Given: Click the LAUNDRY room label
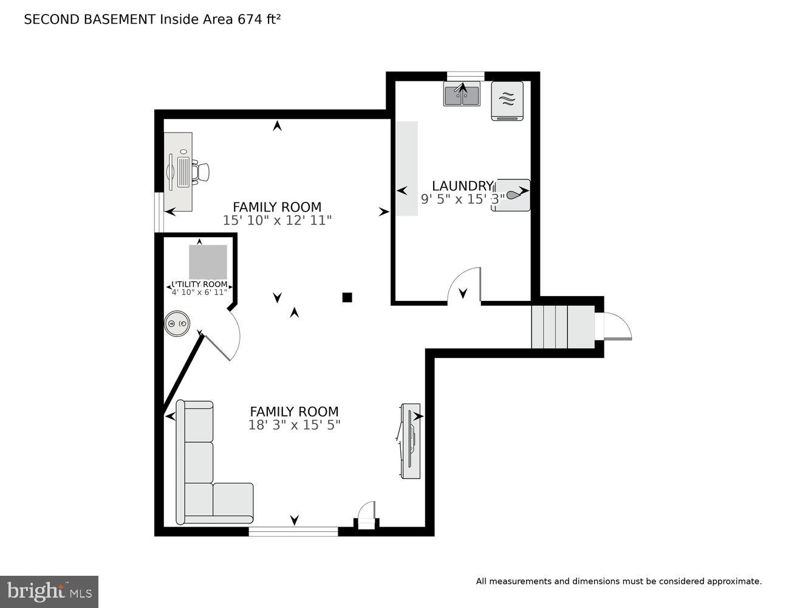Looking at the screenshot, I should [462, 185].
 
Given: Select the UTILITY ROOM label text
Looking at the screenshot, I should [200, 284].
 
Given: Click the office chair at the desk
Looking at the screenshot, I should [201, 171].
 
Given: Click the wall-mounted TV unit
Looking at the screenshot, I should [411, 440].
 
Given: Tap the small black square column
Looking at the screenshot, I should [347, 297].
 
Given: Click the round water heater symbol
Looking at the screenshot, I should [177, 324].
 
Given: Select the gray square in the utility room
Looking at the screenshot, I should [208, 261].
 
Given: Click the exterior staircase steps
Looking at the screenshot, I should [561, 326].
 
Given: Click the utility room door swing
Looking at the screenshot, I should [225, 337].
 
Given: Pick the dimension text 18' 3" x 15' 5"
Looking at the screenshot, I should [294, 425].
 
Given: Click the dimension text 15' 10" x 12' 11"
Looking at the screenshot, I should [277, 220].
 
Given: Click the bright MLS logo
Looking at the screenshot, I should [49, 592].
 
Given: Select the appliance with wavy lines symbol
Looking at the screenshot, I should [507, 100].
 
